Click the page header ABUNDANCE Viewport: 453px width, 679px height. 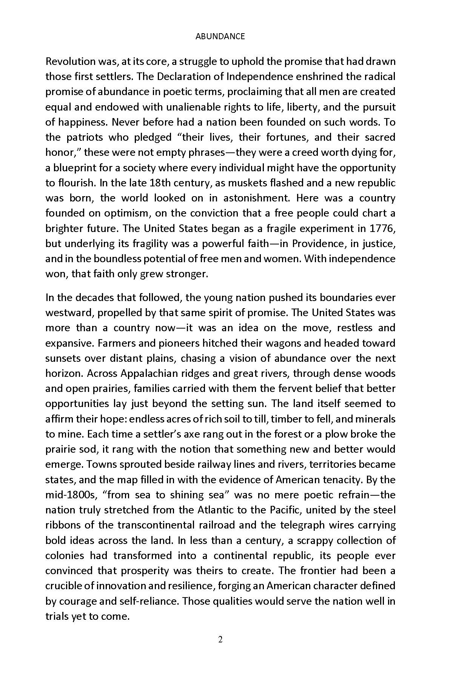(220, 36)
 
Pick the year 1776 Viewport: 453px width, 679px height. (382, 228)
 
